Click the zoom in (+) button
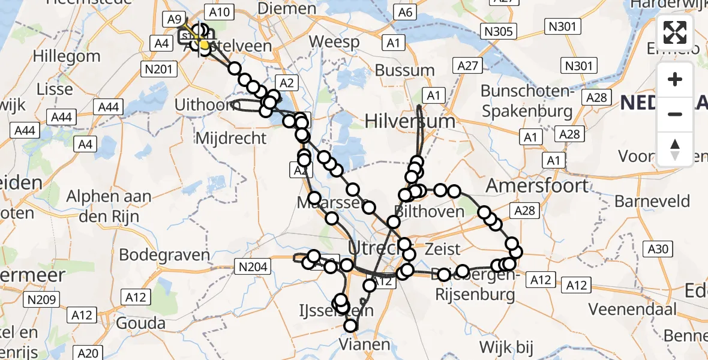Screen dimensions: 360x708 click(675, 79)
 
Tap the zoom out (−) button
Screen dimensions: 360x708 click(675, 114)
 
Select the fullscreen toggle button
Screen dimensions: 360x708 click(675, 32)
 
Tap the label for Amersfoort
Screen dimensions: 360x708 click(538, 186)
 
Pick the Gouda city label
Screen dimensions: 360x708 click(142, 323)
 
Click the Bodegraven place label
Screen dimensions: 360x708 click(164, 254)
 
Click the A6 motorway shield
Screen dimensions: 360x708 click(406, 13)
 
